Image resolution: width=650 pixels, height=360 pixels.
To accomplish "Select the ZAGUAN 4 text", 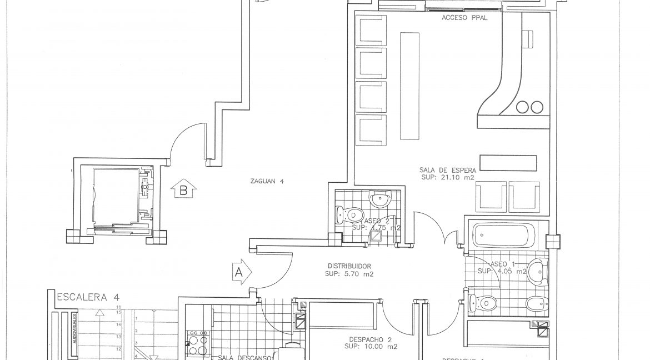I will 267,180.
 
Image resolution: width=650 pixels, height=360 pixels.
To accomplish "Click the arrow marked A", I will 240,273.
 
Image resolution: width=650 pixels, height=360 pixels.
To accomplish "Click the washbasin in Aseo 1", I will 537,271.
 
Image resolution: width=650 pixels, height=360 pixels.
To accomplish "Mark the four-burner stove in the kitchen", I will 198,337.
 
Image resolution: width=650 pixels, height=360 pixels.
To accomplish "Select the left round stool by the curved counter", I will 523,107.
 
